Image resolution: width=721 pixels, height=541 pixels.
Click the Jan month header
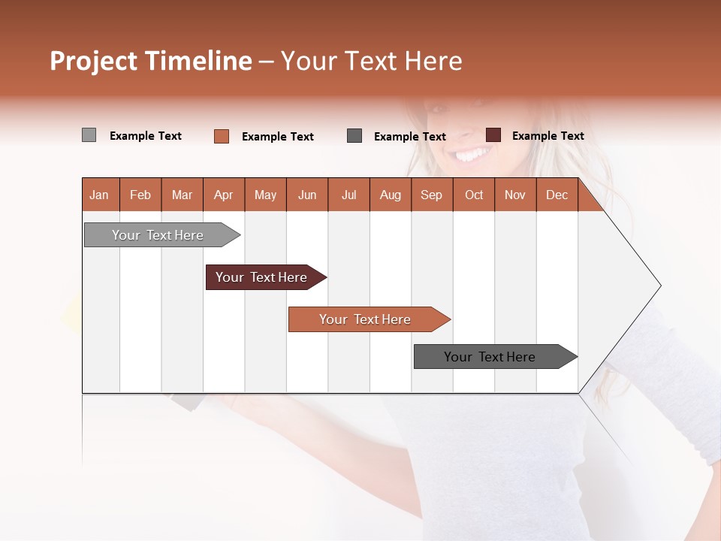point(99,195)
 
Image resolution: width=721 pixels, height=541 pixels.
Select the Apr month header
point(224,195)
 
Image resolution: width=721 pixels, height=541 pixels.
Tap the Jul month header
point(348,195)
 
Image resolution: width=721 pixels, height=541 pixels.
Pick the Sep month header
point(431,195)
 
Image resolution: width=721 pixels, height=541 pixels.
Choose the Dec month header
point(557,195)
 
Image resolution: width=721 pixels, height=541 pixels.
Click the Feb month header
point(140,195)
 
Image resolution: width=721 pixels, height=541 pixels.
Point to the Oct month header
point(474,195)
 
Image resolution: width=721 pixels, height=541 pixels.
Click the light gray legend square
point(89,135)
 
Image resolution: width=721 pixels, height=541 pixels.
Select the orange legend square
point(222,136)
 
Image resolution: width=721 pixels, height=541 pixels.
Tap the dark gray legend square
point(354,136)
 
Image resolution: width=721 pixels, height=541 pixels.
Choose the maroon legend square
point(493,135)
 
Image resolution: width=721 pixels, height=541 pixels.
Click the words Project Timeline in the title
point(150,61)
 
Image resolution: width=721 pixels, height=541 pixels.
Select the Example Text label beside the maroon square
point(548,136)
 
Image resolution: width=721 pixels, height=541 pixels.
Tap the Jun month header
point(307,195)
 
